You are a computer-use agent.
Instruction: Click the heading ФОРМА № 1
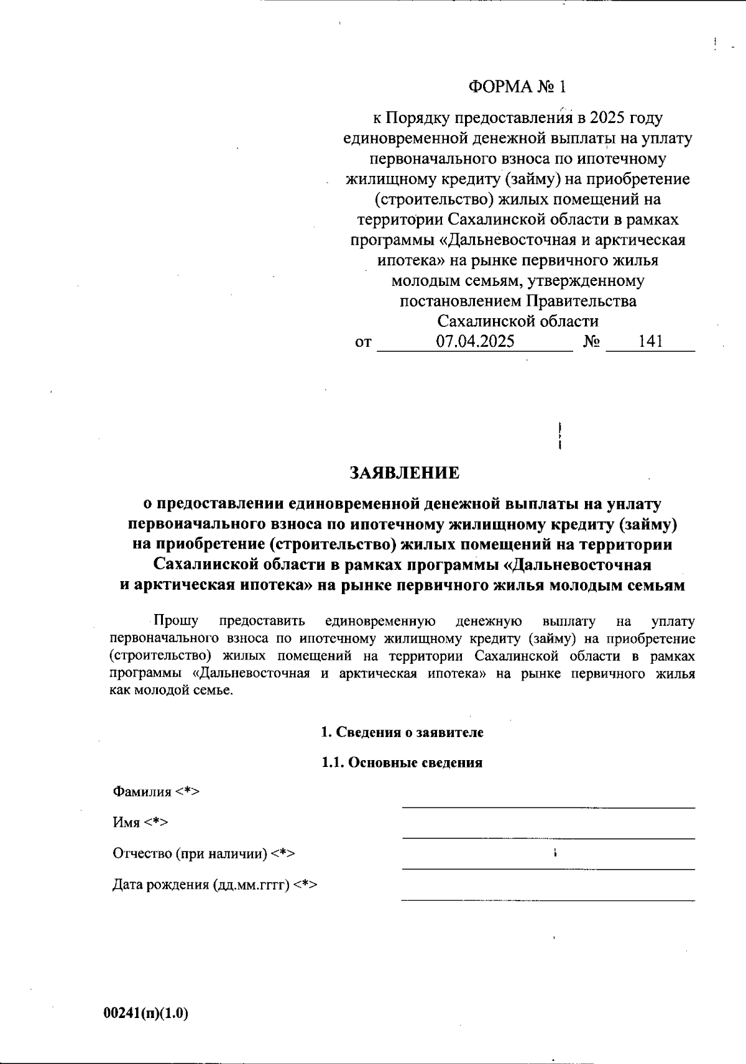tap(518, 86)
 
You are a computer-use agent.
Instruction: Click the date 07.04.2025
tap(475, 341)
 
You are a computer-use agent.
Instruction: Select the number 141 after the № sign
tap(650, 341)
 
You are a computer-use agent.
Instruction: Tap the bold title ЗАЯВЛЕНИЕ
tap(405, 473)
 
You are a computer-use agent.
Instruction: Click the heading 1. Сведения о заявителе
tap(402, 732)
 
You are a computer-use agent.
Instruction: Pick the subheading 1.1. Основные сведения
tap(402, 763)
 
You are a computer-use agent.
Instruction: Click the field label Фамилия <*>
tap(155, 792)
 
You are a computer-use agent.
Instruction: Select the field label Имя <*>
tap(140, 822)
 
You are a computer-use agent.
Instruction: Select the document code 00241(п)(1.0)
tap(145, 1014)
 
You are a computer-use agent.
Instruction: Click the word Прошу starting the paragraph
tap(176, 620)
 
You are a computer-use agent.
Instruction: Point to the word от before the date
tap(363, 342)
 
